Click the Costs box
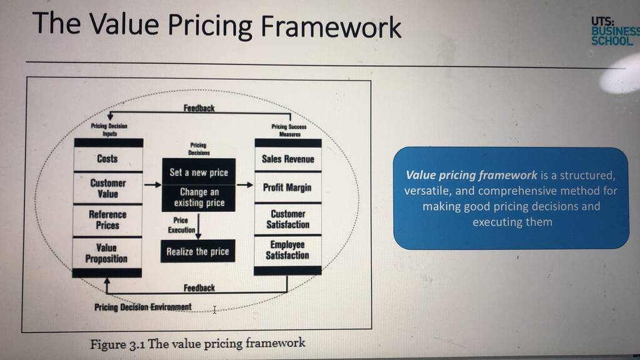[x=108, y=159]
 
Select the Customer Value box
[x=108, y=188]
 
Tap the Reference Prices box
[x=107, y=220]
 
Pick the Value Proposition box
[x=107, y=253]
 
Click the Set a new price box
[x=199, y=172]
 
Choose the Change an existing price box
[x=199, y=198]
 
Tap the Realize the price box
[x=197, y=251]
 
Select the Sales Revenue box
[x=288, y=159]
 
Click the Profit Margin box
[x=287, y=187]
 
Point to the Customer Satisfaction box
[x=287, y=219]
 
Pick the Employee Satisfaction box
[x=287, y=250]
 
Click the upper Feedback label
[x=199, y=108]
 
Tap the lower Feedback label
[x=199, y=287]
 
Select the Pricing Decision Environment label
[x=143, y=307]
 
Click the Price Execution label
[x=181, y=225]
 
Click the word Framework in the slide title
[x=331, y=27]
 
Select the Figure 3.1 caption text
[x=197, y=343]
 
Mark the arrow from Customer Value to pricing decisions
[x=153, y=185]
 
